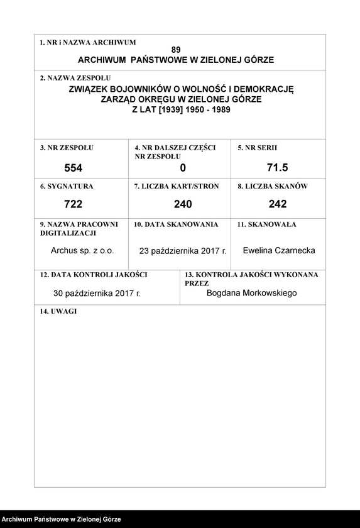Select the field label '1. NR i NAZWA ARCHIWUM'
pyautogui.click(x=87, y=43)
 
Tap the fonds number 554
pyautogui.click(x=74, y=168)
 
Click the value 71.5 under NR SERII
pyautogui.click(x=277, y=167)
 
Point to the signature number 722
pyautogui.click(x=74, y=204)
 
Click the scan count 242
pyautogui.click(x=277, y=204)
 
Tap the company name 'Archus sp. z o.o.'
pyautogui.click(x=82, y=250)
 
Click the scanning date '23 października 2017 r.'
pyautogui.click(x=183, y=251)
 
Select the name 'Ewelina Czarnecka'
pyautogui.click(x=279, y=250)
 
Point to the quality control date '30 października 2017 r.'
pyautogui.click(x=97, y=294)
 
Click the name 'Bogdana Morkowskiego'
pyautogui.click(x=251, y=293)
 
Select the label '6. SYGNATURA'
pyautogui.click(x=66, y=187)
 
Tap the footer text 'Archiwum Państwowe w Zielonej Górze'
pyautogui.click(x=61, y=520)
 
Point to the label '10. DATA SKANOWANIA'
pyautogui.click(x=176, y=224)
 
